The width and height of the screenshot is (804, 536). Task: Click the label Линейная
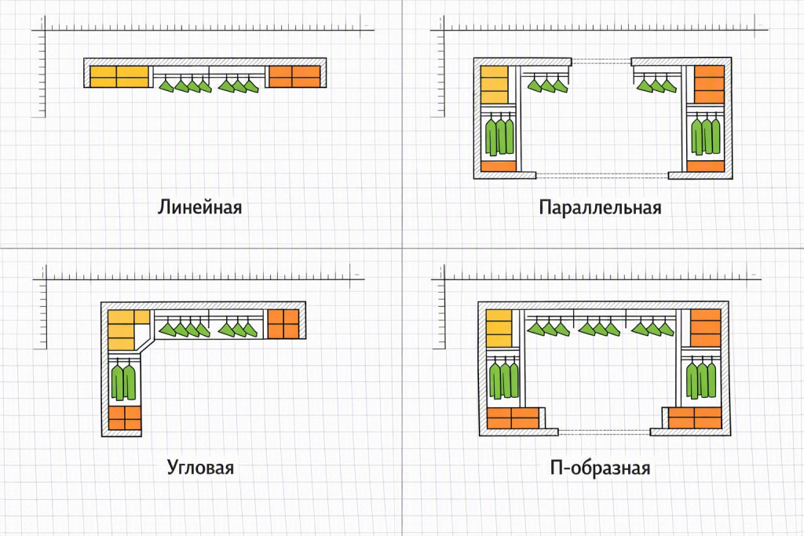point(199,207)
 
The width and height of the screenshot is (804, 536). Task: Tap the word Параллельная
point(600,207)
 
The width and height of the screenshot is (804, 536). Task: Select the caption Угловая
point(200,468)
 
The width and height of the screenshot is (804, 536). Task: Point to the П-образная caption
point(600,468)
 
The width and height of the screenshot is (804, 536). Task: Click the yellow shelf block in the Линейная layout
point(119,77)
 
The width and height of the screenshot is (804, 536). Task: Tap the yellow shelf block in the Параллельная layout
point(495,85)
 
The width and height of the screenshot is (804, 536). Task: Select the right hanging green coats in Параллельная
point(705,136)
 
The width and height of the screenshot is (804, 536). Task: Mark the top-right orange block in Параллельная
point(710,85)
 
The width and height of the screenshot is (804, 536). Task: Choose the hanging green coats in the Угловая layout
point(123,381)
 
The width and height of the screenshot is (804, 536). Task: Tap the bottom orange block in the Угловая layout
point(125,418)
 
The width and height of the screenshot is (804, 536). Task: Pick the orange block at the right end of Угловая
point(283,324)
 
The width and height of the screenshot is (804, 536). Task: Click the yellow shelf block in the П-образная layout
point(499,329)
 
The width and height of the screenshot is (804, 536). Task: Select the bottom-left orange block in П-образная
point(513,418)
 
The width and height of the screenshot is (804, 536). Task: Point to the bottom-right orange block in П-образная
point(695,418)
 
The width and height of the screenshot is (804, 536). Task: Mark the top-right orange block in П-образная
point(706,328)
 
